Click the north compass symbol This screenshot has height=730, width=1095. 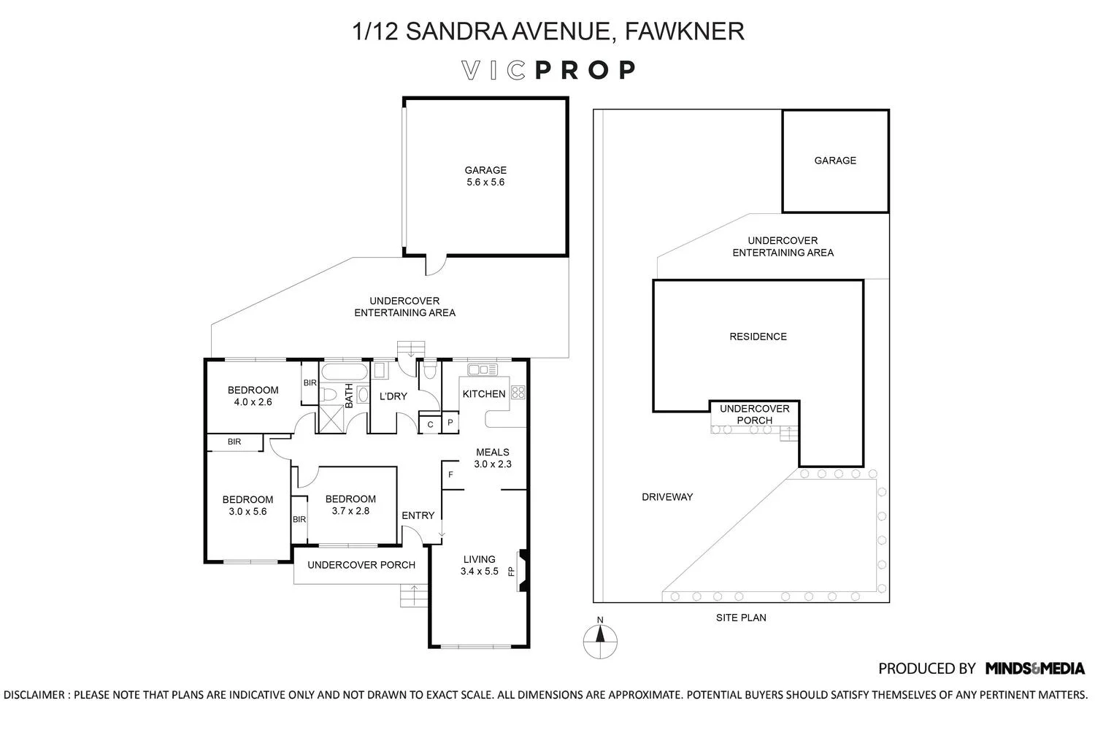[x=600, y=639]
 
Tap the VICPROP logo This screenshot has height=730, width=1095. [x=548, y=70]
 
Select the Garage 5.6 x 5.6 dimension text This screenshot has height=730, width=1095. [x=485, y=182]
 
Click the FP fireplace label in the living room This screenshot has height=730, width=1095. [x=511, y=571]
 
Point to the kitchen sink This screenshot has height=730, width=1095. [x=483, y=369]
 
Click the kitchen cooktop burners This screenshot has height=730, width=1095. [x=518, y=392]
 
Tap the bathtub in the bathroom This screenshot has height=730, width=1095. [x=345, y=372]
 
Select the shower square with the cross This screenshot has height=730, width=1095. [x=331, y=420]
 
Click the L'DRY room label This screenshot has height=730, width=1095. [x=393, y=396]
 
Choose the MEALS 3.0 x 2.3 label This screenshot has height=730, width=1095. [x=493, y=458]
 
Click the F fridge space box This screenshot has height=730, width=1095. [x=450, y=474]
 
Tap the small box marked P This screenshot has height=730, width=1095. [x=450, y=423]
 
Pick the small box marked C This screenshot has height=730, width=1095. [x=430, y=424]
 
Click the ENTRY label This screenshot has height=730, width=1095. [x=418, y=515]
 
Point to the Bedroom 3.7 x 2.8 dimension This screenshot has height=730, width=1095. [x=350, y=511]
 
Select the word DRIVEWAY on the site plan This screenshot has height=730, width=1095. [x=667, y=497]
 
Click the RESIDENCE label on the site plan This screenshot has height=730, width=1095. [x=758, y=337]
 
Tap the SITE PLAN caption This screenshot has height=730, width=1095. [x=741, y=618]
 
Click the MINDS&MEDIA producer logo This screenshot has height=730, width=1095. [x=1035, y=669]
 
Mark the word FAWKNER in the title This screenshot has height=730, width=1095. [x=685, y=31]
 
